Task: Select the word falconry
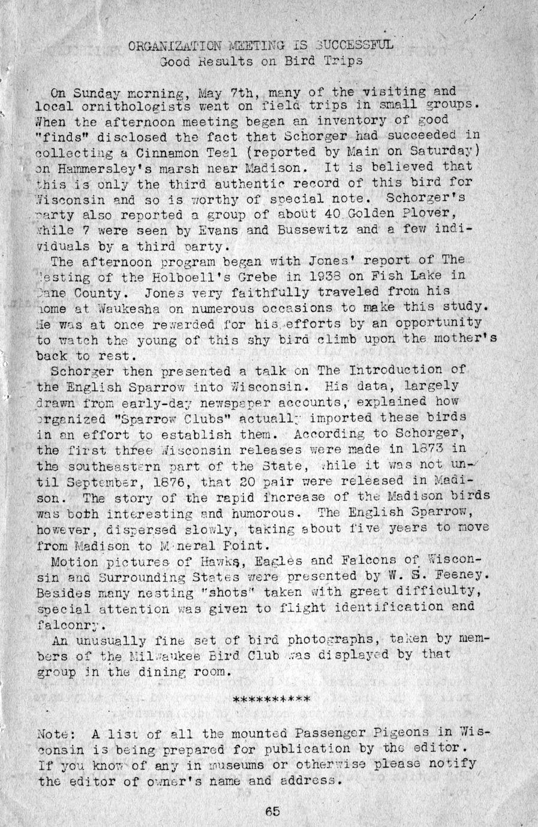(72, 624)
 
